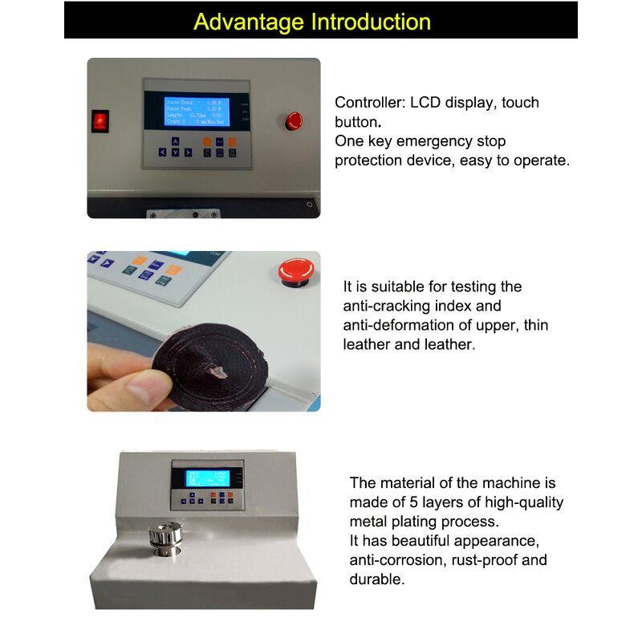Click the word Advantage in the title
244,22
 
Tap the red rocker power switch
100,121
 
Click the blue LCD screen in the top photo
197,112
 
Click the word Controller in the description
370,103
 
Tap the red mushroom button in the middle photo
291,270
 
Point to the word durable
376,579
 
